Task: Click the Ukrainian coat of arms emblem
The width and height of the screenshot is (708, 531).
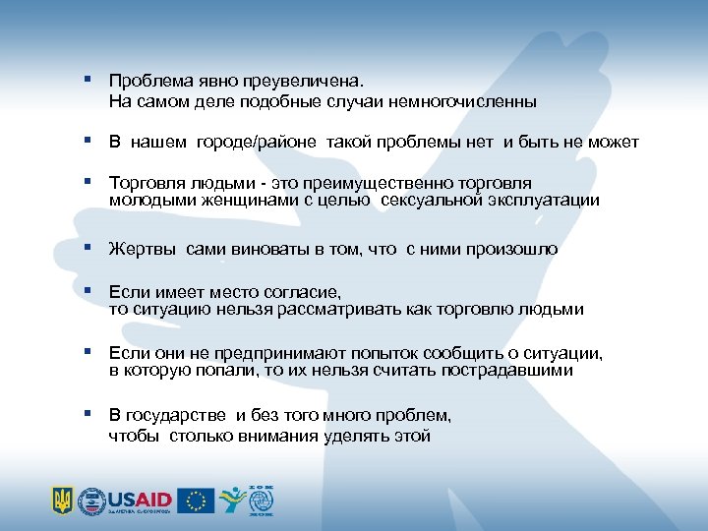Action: click(62, 501)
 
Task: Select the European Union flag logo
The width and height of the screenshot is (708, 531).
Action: click(197, 501)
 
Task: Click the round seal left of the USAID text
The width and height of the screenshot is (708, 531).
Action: click(91, 501)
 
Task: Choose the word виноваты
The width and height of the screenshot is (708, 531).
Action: click(269, 250)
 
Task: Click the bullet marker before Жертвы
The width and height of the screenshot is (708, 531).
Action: click(88, 248)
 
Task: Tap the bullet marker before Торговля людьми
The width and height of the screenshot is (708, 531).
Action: click(88, 182)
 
